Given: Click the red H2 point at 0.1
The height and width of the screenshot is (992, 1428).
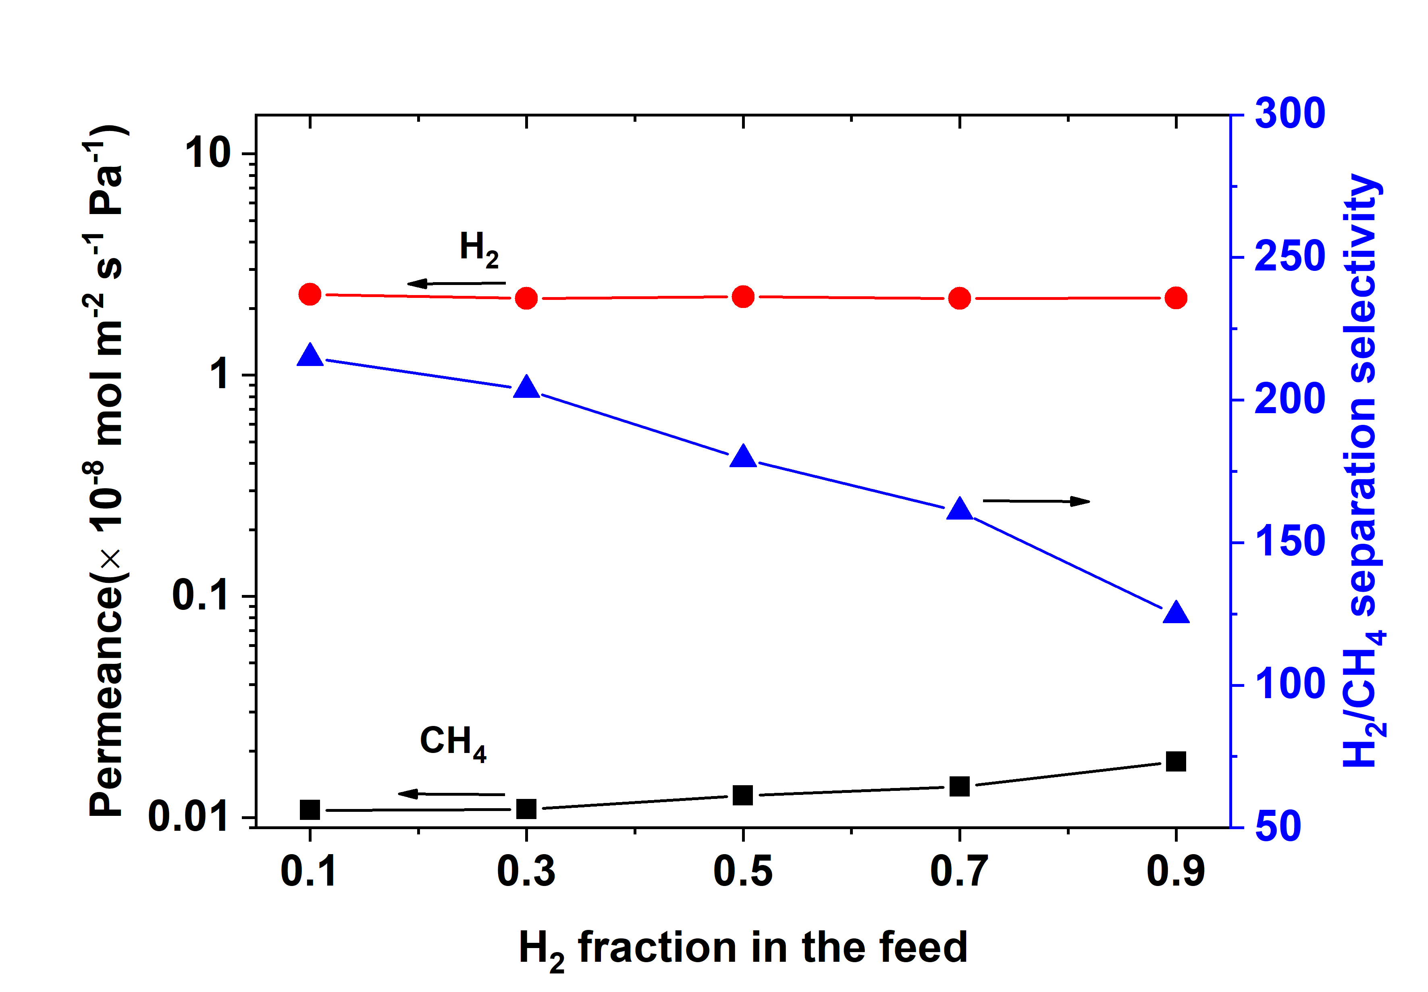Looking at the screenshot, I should (x=310, y=294).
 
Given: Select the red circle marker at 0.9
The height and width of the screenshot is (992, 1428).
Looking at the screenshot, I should (x=1176, y=298).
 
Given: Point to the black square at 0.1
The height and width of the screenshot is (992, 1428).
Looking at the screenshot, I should (x=310, y=810).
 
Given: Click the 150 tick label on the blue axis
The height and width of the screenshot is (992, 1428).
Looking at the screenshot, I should (x=1289, y=542).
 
